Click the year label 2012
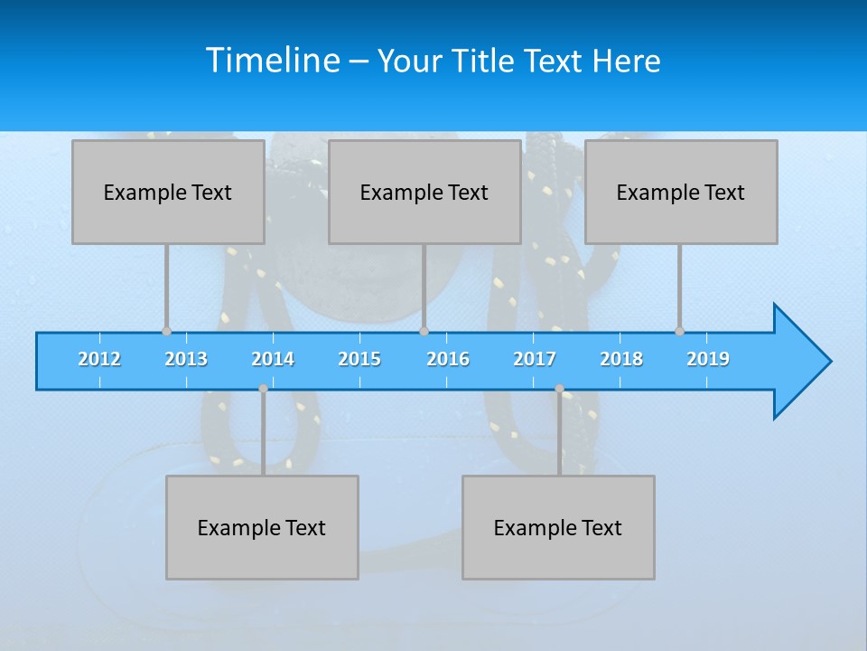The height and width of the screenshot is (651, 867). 99,359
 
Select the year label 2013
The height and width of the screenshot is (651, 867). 186,359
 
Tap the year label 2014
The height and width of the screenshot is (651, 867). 273,359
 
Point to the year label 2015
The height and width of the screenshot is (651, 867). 359,359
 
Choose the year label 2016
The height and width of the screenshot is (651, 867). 448,359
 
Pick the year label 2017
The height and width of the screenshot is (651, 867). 535,359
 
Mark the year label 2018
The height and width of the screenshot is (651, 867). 621,359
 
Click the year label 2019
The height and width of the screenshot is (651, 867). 708,359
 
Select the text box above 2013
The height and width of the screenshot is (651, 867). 168,192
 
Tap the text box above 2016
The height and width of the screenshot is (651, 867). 424,192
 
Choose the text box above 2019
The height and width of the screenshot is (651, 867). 681,192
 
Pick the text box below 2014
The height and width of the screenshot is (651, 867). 262,527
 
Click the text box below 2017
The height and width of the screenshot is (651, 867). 558,527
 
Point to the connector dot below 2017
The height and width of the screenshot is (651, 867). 559,389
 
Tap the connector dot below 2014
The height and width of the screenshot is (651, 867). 263,389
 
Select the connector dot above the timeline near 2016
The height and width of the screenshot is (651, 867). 424,331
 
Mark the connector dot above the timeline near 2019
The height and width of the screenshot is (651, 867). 679,331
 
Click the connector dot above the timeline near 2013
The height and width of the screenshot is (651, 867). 166,331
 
